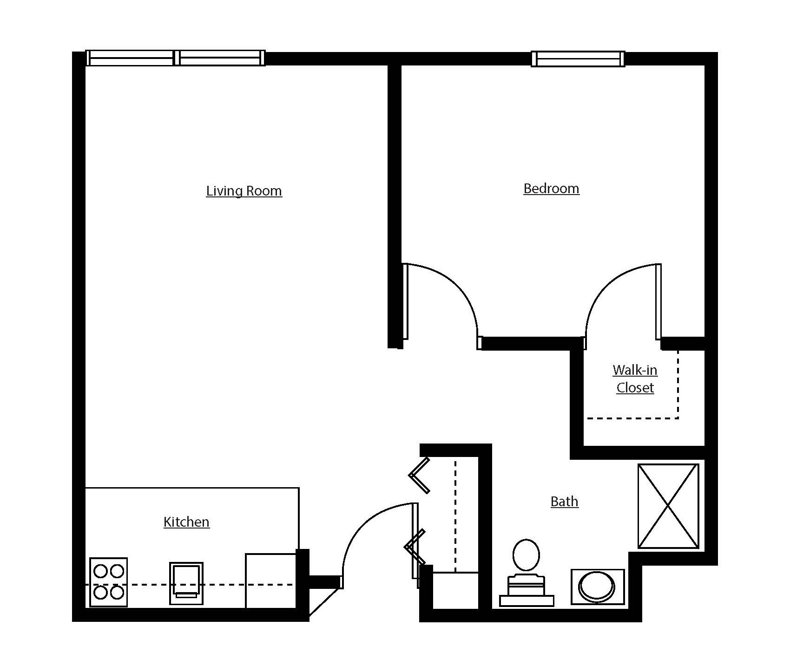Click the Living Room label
point(244,191)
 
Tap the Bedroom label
point(551,189)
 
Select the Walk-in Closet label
point(635,379)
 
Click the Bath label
point(564,502)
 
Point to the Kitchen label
point(186,522)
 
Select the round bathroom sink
point(597,587)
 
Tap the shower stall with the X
point(668,506)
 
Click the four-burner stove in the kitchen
point(108,582)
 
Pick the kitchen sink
point(186,583)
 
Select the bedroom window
point(578,59)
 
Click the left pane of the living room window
point(131,59)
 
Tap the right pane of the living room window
point(221,59)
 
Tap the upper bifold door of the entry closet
point(420,475)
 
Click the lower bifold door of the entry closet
point(415,547)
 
